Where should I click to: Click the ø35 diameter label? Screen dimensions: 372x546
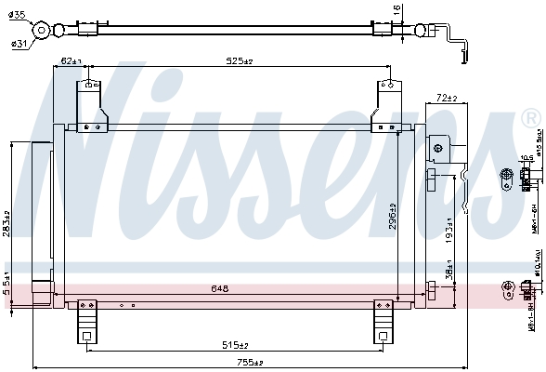[19, 16]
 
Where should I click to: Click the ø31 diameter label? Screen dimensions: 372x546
[18, 43]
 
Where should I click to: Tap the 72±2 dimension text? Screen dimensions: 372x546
[448, 97]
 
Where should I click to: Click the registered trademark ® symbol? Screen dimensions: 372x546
[530, 119]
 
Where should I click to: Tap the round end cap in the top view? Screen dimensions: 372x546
[42, 31]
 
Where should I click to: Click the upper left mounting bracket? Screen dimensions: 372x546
[90, 107]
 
